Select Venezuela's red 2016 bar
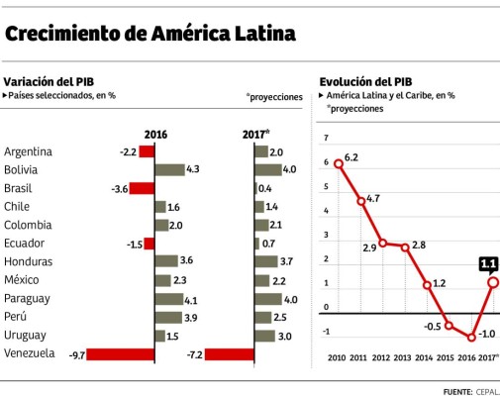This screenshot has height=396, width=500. tap(121, 353)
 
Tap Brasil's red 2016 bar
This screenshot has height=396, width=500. tap(143, 188)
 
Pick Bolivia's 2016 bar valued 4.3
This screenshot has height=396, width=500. tap(169, 169)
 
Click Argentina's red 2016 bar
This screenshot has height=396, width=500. tap(147, 151)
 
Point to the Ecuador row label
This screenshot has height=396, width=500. tap(26, 244)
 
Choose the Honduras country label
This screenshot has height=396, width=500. tap(29, 261)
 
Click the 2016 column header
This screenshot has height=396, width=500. tap(155, 134)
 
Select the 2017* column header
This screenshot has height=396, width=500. tap(255, 134)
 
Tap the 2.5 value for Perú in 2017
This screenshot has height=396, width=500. tap(280, 317)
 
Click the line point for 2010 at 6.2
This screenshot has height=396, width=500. tap(339, 163)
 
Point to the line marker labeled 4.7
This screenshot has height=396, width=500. tap(361, 201)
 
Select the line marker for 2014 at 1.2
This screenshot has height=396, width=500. tap(427, 285)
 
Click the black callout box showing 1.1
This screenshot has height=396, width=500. tap(488, 263)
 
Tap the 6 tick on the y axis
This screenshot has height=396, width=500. tap(325, 163)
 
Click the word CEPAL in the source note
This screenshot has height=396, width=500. tap(487, 390)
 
